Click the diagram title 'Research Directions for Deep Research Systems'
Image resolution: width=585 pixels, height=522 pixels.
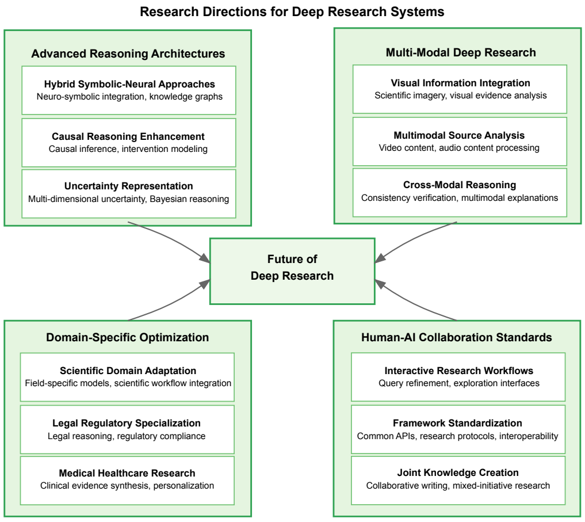coord(292,12)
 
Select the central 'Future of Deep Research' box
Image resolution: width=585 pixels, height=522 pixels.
coord(292,268)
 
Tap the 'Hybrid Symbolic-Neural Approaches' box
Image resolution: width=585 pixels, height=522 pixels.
coord(129,90)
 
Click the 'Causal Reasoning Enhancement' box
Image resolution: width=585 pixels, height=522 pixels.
coord(129,142)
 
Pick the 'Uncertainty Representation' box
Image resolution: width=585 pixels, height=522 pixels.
coord(129,193)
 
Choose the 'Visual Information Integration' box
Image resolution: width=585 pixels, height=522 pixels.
coord(460,89)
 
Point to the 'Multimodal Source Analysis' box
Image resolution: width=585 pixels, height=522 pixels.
coord(460,142)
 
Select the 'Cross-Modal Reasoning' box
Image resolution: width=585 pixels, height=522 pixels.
coord(460,192)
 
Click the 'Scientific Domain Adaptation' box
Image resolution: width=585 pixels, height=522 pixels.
coord(128,377)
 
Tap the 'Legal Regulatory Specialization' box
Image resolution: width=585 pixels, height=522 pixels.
coord(128,429)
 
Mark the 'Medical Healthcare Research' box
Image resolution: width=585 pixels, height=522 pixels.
coord(128,479)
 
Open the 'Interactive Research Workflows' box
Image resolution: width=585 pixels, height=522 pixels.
coord(458,377)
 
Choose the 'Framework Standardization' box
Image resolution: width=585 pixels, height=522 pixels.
coord(458,429)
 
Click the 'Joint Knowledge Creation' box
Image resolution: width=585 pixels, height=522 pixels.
coord(458,479)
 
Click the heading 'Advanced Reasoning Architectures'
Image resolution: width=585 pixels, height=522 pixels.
coord(128,54)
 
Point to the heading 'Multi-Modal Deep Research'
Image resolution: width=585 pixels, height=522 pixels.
coord(460,52)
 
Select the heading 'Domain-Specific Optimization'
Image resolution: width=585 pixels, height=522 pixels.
coord(128,337)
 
